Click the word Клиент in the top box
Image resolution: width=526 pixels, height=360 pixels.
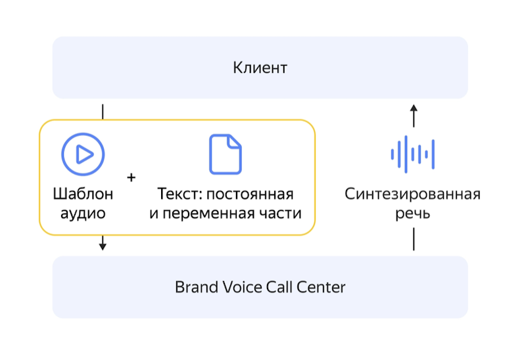[260, 68]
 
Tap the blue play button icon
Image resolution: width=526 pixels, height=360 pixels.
[83, 154]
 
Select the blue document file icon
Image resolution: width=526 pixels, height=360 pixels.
[225, 154]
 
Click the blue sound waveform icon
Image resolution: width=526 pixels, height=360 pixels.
[413, 154]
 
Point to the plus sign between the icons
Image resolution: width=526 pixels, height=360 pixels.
[131, 177]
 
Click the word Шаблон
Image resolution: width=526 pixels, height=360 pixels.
[83, 194]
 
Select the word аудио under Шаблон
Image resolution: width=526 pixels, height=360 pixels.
[83, 214]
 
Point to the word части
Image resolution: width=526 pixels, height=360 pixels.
[282, 214]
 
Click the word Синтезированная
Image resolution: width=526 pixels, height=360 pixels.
[413, 194]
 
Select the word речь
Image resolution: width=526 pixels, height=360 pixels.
[413, 214]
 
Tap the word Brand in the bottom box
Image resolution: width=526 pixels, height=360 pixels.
[194, 287]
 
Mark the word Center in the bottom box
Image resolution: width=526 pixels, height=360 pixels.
[322, 287]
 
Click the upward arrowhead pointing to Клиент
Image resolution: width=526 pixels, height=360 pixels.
[414, 108]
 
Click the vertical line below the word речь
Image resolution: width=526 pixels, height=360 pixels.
[414, 239]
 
